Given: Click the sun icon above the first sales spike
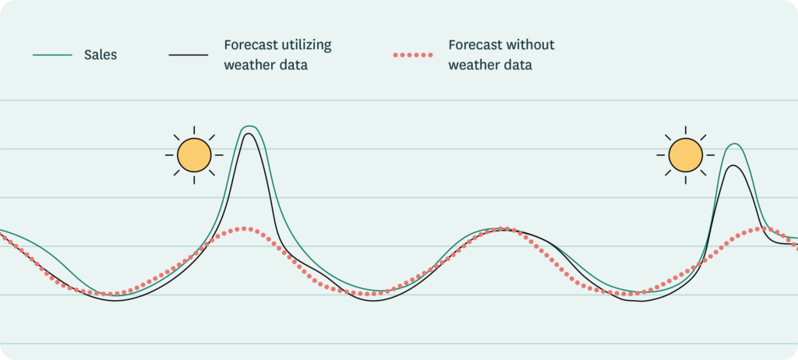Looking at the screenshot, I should click(194, 154).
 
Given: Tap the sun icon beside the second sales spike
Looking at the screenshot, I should click(686, 154).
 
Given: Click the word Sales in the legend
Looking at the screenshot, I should click(101, 55).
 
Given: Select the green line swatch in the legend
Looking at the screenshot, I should click(52, 55).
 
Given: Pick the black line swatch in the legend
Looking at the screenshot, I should click(188, 55).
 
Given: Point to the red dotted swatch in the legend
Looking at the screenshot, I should click(412, 55).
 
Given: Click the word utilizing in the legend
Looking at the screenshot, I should click(305, 45).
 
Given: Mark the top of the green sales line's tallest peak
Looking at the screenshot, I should click(249, 126).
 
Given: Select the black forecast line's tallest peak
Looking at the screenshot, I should click(249, 134).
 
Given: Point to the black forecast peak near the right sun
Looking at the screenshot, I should click(732, 165).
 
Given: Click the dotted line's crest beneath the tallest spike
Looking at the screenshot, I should click(245, 228).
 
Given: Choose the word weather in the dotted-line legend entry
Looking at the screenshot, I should click(474, 65).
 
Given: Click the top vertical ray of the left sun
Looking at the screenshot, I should click(194, 129).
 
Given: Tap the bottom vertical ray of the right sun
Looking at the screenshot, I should click(686, 179).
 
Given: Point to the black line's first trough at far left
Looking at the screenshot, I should click(115, 299).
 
